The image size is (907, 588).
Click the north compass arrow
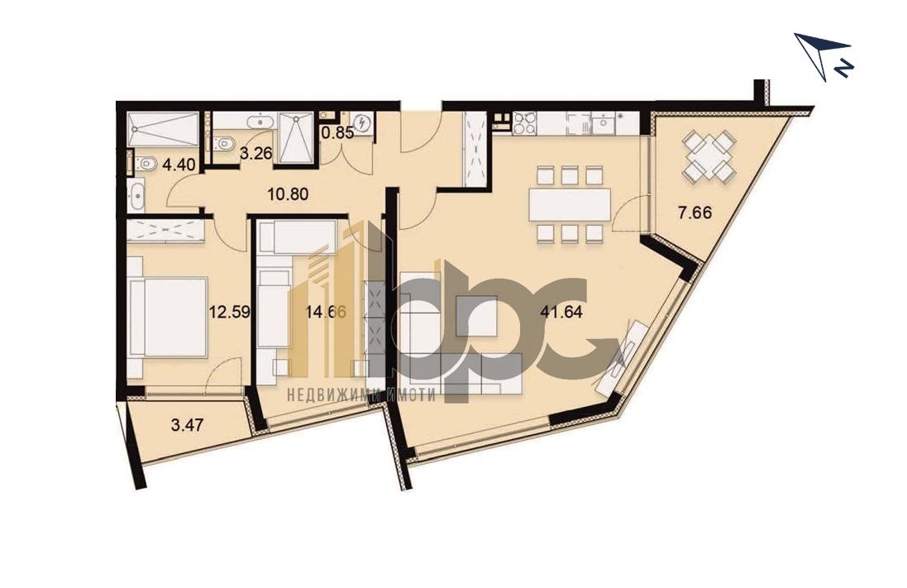coord(821,55)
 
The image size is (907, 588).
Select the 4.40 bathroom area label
coord(179,165)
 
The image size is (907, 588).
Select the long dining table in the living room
coord(570,203)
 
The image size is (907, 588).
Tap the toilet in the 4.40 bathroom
coord(146,164)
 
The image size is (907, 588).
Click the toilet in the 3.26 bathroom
coord(222,143)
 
